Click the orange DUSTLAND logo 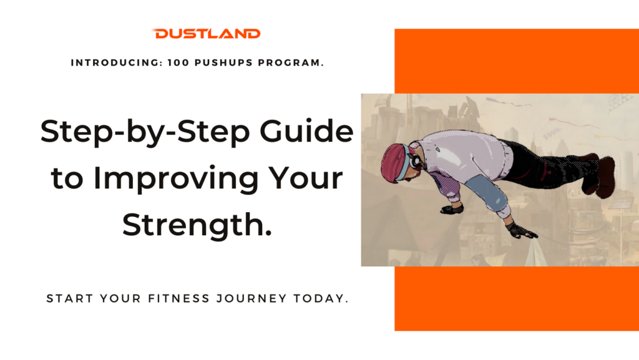(x=206, y=34)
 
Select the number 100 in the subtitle (x=178, y=63)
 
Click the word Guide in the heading (x=306, y=131)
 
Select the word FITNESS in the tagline (x=178, y=298)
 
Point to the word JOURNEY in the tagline (x=251, y=298)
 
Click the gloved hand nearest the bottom (x=521, y=230)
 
